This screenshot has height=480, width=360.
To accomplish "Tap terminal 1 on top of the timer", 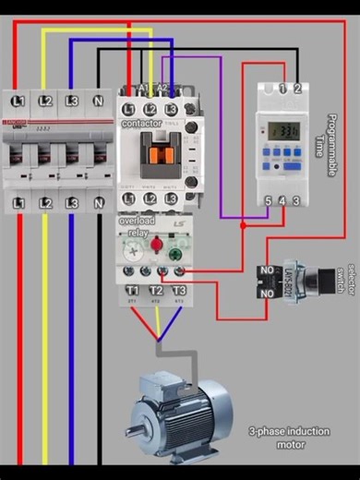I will click(282, 89).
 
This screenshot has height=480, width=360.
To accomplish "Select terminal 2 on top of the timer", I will click(297, 89).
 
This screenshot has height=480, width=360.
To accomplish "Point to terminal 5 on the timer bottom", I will click(268, 200).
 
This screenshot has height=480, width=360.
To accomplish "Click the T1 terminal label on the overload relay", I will click(131, 291).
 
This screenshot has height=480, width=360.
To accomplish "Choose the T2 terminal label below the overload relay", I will click(155, 291).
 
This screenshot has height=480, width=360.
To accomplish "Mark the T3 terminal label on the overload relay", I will click(179, 291).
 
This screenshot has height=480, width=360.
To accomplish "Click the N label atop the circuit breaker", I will click(99, 99).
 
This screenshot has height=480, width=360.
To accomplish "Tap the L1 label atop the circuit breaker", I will click(18, 99).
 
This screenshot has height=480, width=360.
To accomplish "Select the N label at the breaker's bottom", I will click(99, 200).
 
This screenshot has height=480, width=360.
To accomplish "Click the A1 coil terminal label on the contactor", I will click(142, 89).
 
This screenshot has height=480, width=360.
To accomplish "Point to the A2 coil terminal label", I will click(162, 89).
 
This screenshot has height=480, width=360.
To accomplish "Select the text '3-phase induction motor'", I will click(288, 438).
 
